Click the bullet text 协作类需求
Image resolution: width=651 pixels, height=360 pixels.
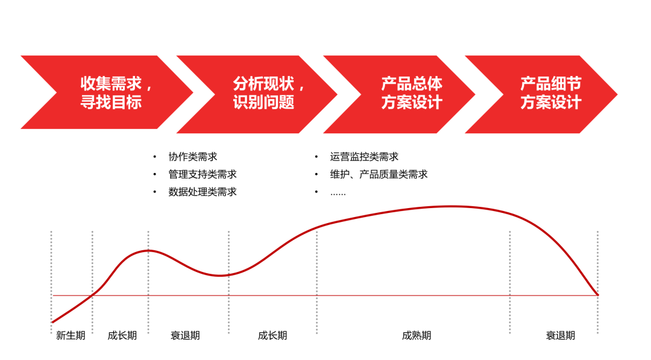click(x=193, y=157)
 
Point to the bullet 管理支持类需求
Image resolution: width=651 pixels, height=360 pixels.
click(x=203, y=174)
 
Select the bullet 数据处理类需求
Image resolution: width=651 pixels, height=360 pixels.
click(x=203, y=192)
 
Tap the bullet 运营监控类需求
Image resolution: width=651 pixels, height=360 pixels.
click(x=364, y=157)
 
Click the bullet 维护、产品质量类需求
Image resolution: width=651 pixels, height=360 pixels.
click(x=379, y=174)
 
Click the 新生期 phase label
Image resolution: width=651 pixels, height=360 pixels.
click(x=71, y=335)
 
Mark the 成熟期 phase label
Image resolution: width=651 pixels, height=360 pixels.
click(x=417, y=335)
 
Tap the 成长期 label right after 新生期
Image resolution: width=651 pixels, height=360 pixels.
click(x=122, y=335)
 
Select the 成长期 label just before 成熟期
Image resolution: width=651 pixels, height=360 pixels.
click(x=272, y=335)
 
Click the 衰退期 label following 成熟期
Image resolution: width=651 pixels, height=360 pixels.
click(x=561, y=335)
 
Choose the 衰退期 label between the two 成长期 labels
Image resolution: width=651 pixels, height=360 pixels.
click(x=185, y=335)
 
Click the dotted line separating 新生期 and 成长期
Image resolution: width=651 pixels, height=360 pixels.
click(x=92, y=265)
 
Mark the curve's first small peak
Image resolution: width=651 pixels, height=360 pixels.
click(x=148, y=250)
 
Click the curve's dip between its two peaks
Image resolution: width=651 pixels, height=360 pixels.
click(x=220, y=276)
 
